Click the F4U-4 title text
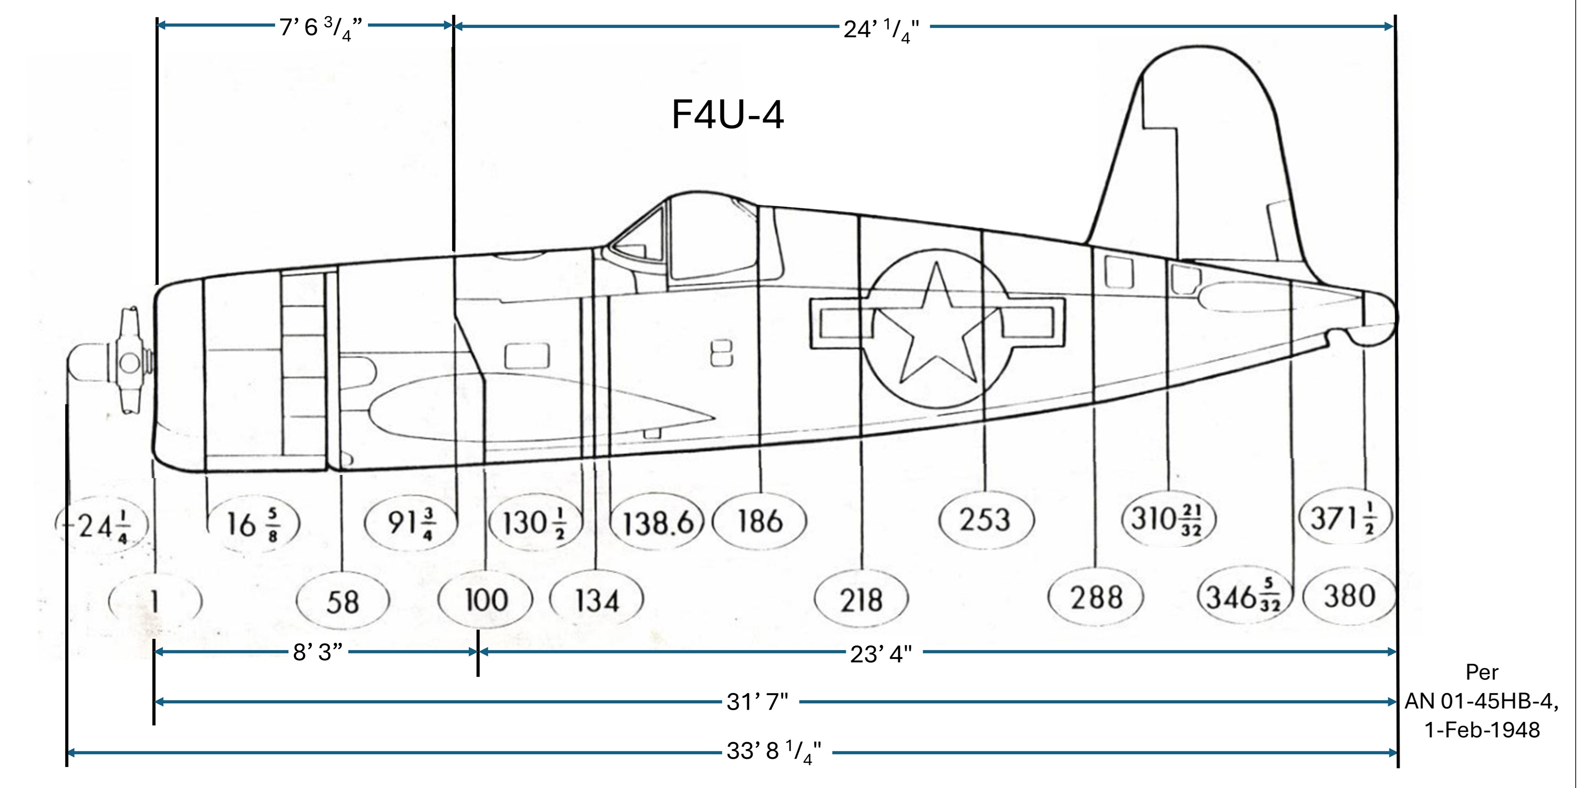(x=727, y=114)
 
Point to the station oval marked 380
(x=1350, y=596)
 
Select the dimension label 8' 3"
(x=317, y=652)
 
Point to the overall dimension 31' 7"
(x=757, y=701)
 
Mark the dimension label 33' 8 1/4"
(x=774, y=751)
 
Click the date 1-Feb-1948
(x=1481, y=730)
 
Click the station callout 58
(x=342, y=602)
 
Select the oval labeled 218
(x=861, y=600)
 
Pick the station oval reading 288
(x=1096, y=597)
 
